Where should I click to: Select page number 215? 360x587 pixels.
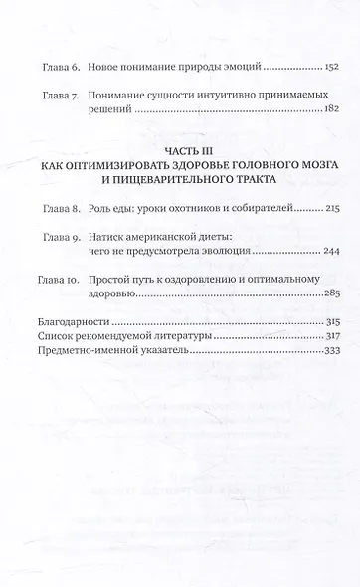330,211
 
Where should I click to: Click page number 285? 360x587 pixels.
330,295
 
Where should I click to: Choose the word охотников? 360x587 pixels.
202,211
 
